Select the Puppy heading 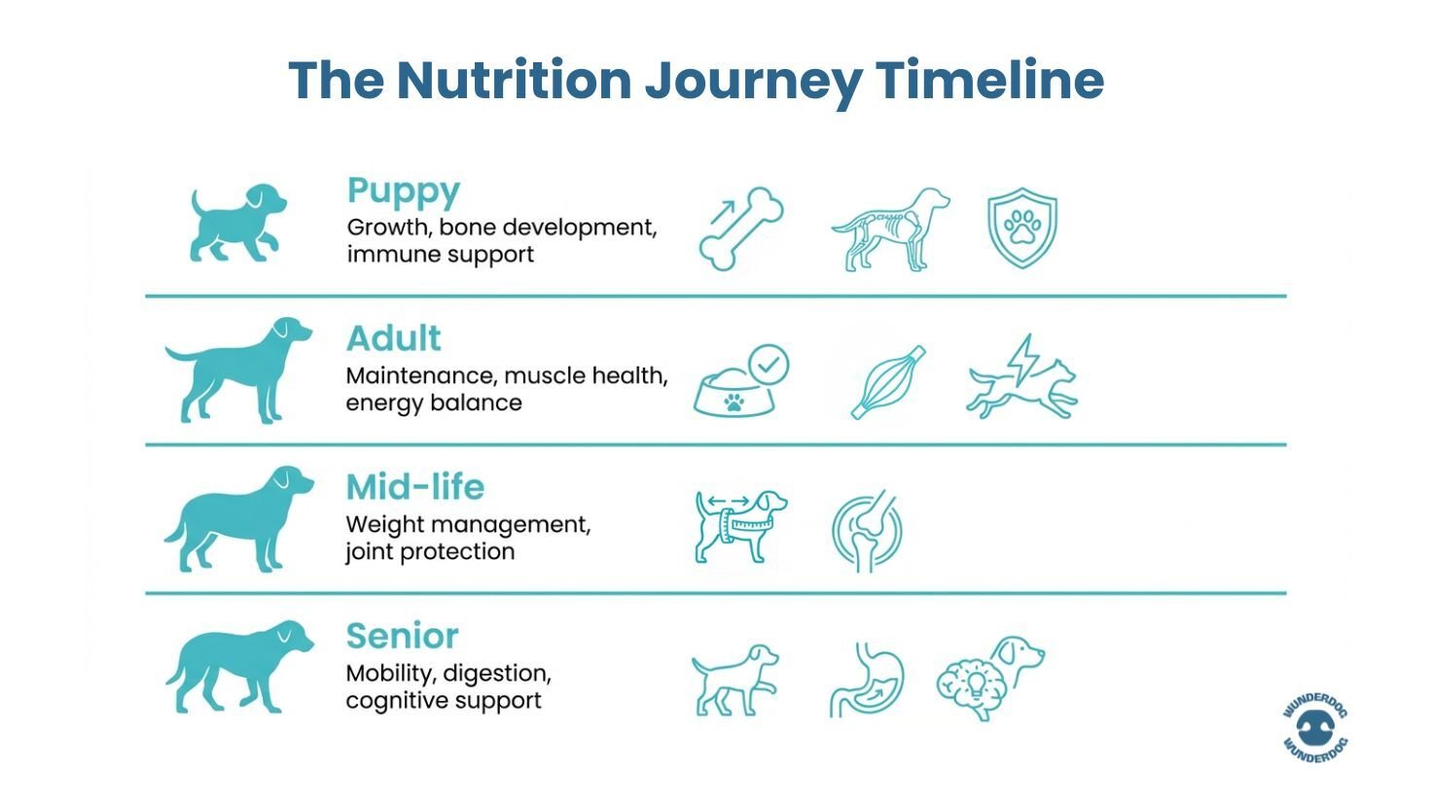403,192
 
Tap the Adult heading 393,338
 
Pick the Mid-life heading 414,486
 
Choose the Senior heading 402,636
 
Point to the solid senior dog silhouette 239,666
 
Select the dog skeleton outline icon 889,229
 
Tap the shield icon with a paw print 1021,229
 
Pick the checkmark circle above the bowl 770,365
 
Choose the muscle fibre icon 887,382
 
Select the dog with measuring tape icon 740,525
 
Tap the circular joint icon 867,531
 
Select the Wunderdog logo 1315,728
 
